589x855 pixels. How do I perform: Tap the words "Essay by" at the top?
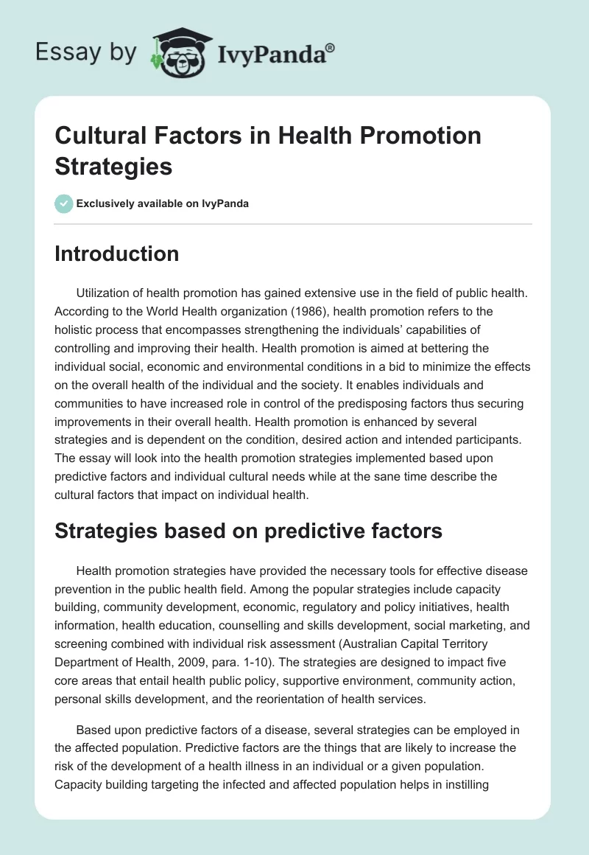(x=86, y=52)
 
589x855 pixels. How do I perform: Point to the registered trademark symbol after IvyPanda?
(x=331, y=48)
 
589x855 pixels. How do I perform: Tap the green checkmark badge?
(x=64, y=203)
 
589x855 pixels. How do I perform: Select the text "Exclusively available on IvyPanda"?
(x=163, y=203)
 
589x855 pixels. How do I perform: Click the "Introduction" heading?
(x=117, y=254)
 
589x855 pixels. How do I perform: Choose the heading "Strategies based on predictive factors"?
(x=248, y=530)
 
